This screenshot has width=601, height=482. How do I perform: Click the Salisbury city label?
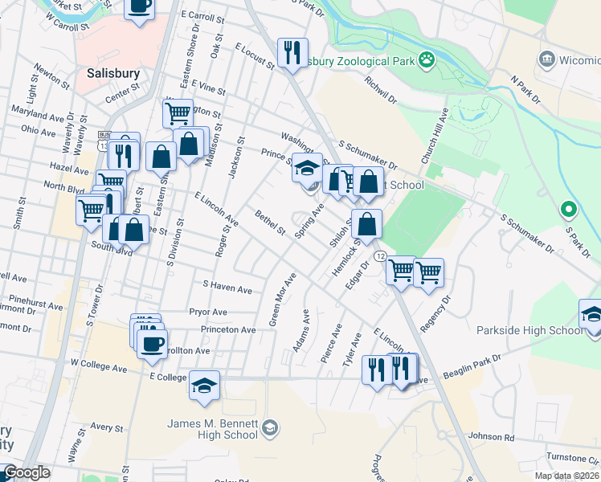(x=113, y=72)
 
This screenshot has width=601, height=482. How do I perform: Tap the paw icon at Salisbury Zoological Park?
(x=427, y=59)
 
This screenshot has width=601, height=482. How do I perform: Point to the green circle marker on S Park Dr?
(x=569, y=210)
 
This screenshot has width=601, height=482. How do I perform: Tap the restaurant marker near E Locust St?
(x=292, y=53)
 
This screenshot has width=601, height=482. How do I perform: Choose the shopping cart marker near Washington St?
(x=178, y=112)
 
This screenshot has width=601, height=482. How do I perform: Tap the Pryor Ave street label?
(x=208, y=311)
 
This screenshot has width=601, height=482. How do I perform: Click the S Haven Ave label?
(x=227, y=285)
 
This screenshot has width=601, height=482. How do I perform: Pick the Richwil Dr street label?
(x=380, y=91)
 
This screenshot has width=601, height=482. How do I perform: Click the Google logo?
(x=27, y=473)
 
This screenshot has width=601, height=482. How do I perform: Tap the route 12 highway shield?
(x=380, y=255)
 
